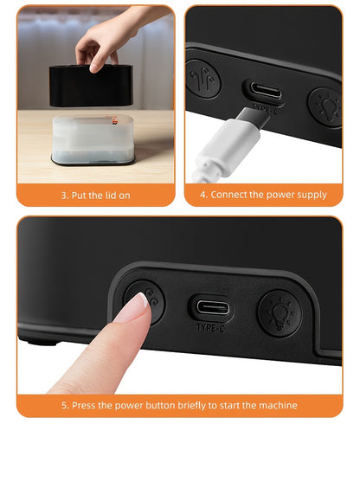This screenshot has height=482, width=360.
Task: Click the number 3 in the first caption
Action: (x=62, y=196)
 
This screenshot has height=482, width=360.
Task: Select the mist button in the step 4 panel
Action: (x=203, y=78)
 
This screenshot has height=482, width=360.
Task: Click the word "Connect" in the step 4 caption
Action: (x=230, y=196)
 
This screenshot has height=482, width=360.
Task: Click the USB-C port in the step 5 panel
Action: (x=211, y=307)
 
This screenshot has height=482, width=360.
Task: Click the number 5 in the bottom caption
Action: (x=64, y=405)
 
